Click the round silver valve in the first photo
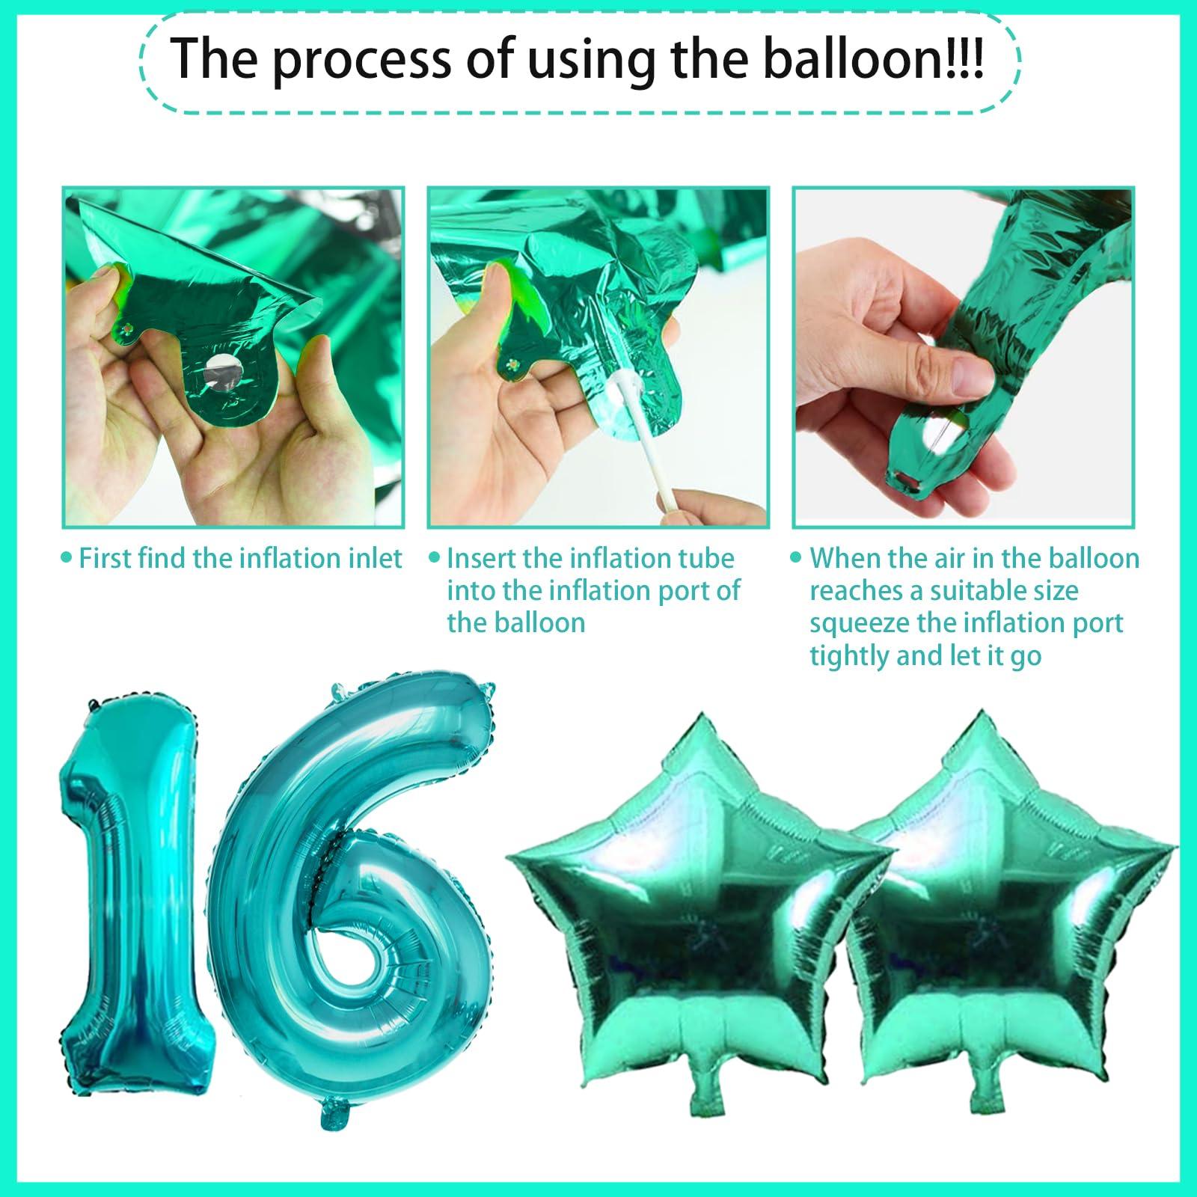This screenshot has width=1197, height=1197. [220, 369]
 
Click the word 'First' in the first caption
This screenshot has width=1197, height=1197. [106, 558]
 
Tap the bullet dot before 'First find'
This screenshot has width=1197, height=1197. [67, 558]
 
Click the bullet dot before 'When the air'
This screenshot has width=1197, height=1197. [798, 558]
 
